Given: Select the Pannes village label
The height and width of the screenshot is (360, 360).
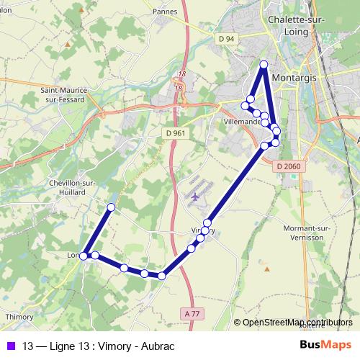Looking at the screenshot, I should pos(166,12).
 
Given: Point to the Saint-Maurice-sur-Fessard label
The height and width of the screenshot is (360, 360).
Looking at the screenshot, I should pos(66,95).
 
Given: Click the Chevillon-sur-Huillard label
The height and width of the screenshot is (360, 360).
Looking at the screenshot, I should pos(72,187).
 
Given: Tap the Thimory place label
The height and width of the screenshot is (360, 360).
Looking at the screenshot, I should pos(20,317).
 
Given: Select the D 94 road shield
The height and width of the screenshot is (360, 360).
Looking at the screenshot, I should pos(225,38).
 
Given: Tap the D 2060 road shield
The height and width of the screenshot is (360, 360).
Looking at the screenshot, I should pos(287,166).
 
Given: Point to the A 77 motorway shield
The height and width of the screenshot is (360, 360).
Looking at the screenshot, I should pos(192,313).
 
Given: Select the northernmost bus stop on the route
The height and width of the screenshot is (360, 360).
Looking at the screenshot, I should pos(264,65).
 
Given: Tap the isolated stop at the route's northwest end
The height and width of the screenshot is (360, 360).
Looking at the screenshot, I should pos(111,207).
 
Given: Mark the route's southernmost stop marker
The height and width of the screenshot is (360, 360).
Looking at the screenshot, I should pos(162,275).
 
